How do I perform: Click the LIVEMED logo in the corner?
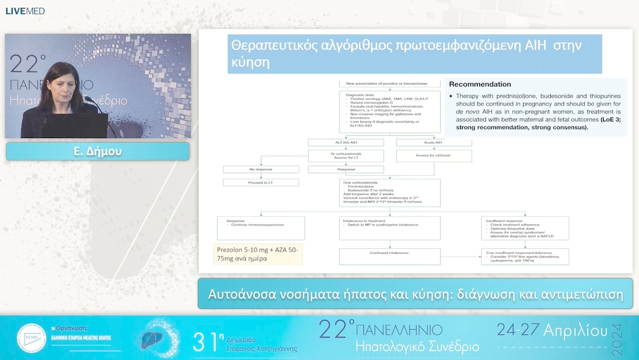(x=25, y=11)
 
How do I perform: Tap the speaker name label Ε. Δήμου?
(x=98, y=152)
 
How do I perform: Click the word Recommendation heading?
(x=480, y=85)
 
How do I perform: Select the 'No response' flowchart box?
(x=260, y=169)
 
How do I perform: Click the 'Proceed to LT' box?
(x=260, y=182)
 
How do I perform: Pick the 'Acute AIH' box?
(x=434, y=142)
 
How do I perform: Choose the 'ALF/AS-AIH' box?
(x=346, y=142)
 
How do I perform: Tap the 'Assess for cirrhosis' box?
(x=434, y=156)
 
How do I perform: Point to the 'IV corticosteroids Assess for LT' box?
(x=346, y=156)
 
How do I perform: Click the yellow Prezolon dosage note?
(x=259, y=254)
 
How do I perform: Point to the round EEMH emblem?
(x=31, y=338)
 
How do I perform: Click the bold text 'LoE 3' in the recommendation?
(x=609, y=120)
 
